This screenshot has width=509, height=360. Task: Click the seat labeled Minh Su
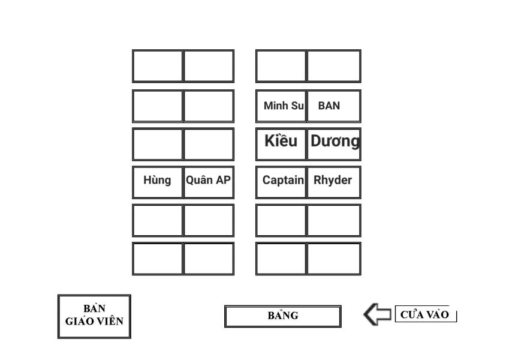[x=281, y=106]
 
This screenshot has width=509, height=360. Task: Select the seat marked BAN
[x=334, y=106]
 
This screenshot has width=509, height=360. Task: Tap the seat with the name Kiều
[x=281, y=144]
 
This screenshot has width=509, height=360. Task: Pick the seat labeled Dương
[x=334, y=144]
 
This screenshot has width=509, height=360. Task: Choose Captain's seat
[x=281, y=182]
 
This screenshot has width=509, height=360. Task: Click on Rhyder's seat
[x=334, y=182]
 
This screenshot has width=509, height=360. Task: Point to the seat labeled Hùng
[x=157, y=182]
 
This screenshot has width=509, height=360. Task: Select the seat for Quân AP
[x=209, y=182]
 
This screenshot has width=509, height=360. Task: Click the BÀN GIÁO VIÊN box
[x=94, y=316]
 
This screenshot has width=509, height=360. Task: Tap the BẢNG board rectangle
[x=283, y=316]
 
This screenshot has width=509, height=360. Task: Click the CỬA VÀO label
[x=425, y=314]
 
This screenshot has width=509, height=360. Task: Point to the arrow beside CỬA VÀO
[x=377, y=314]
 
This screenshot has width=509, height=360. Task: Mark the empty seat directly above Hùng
[x=157, y=144]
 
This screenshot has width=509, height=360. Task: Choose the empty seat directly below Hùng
[x=157, y=220]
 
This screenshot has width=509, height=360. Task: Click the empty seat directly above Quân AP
[x=209, y=144]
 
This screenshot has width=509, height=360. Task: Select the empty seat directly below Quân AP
[x=209, y=220]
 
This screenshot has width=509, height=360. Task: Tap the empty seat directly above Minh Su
[x=281, y=66]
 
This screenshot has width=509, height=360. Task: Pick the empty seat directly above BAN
[x=334, y=66]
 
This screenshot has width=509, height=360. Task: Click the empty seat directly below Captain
[x=281, y=220]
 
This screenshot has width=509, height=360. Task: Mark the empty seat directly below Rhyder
[x=334, y=220]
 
